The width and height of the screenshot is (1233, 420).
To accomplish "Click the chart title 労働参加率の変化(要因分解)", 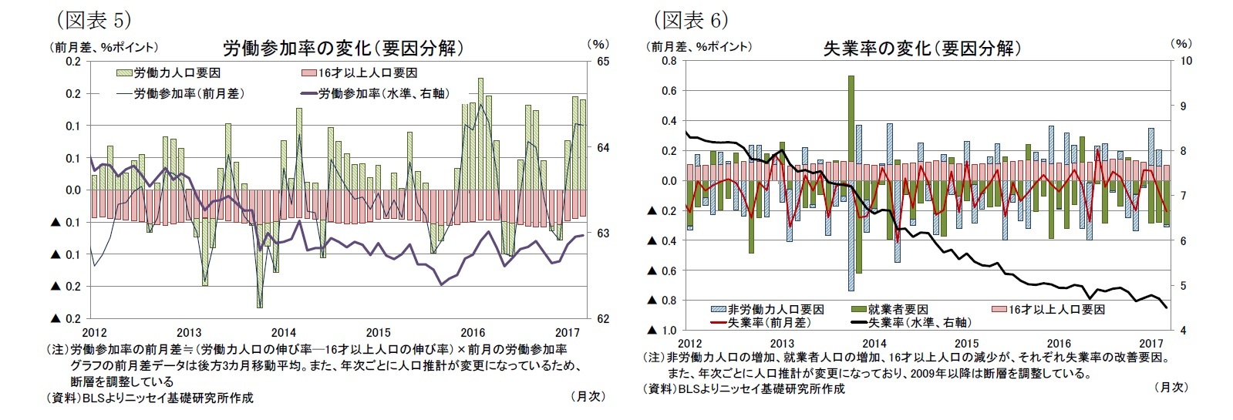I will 343,49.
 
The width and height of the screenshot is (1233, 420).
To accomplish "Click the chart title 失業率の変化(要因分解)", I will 922,49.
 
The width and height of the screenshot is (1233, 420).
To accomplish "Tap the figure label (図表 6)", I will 690,18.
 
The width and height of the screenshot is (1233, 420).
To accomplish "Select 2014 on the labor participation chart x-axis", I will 282,332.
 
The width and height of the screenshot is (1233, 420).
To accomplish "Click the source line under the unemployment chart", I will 745,389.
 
